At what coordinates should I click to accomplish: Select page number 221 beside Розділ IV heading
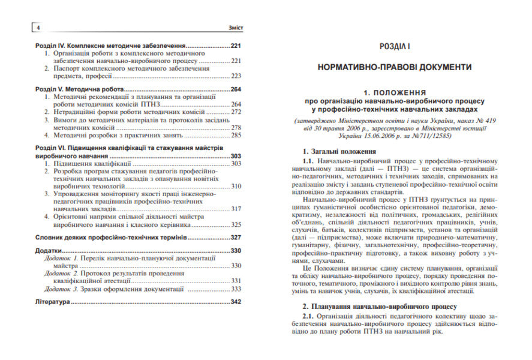pos(236,46)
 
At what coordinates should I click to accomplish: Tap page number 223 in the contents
pos(236,76)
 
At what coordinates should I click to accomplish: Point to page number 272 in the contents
pos(236,112)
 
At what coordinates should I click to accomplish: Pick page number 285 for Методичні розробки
pos(236,136)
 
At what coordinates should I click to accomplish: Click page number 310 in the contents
pos(236,186)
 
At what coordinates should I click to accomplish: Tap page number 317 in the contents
pos(236,209)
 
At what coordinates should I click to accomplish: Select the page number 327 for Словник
pos(236,238)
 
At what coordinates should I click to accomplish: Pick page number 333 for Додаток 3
pos(236,289)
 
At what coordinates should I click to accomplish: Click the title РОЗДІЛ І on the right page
pos(395,46)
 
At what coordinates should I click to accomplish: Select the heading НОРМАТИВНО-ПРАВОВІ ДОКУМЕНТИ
pos(395,67)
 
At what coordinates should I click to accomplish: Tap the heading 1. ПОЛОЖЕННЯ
pos(395,94)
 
